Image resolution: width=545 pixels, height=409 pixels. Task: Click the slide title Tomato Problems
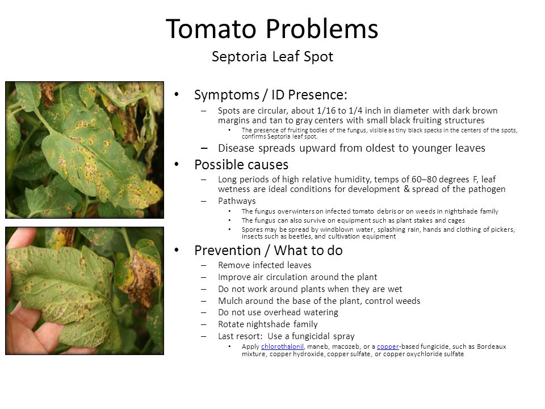pos(272,28)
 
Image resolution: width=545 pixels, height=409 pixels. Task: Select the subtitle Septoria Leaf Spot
pos(272,57)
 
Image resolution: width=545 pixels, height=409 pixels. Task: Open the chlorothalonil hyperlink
pos(282,347)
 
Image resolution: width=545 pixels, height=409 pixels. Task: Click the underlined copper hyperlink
pos(388,347)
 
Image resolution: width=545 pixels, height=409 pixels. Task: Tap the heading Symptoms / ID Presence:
pos(270,95)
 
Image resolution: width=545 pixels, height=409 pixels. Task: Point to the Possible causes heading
pos(241,165)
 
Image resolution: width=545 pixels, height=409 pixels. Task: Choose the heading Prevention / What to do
pos(269,251)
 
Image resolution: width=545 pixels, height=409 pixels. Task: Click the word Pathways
pos(237,201)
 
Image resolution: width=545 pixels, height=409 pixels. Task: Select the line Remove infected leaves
pos(265,265)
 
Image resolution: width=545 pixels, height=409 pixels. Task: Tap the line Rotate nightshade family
pos(267,324)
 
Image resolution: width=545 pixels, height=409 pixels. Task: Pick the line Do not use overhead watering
pos(278,312)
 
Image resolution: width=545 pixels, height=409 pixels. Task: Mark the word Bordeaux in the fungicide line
pos(492,347)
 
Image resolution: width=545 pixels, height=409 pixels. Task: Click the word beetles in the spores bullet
pos(301,236)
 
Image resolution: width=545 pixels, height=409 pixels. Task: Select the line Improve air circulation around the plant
pos(297,277)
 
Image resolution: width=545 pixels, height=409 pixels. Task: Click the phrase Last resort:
pos(240,336)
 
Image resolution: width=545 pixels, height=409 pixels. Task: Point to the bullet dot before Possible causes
pos(177,164)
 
